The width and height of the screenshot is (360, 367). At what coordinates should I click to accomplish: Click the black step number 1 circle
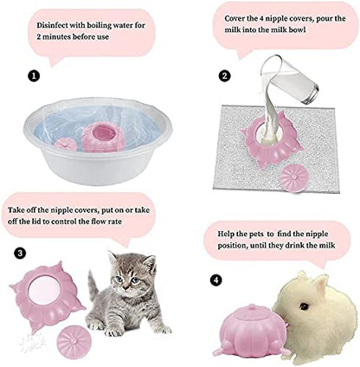click(34, 76)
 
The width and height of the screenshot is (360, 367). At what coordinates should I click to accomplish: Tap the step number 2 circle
click(225, 76)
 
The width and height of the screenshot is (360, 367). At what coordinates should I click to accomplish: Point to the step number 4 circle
click(216, 280)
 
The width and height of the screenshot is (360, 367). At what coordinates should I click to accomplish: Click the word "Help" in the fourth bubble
click(226, 234)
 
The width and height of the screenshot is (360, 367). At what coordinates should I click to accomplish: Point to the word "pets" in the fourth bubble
click(255, 234)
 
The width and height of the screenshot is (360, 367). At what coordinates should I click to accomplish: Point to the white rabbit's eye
click(304, 306)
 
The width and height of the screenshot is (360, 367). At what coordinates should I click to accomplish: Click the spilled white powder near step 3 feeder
click(33, 343)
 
